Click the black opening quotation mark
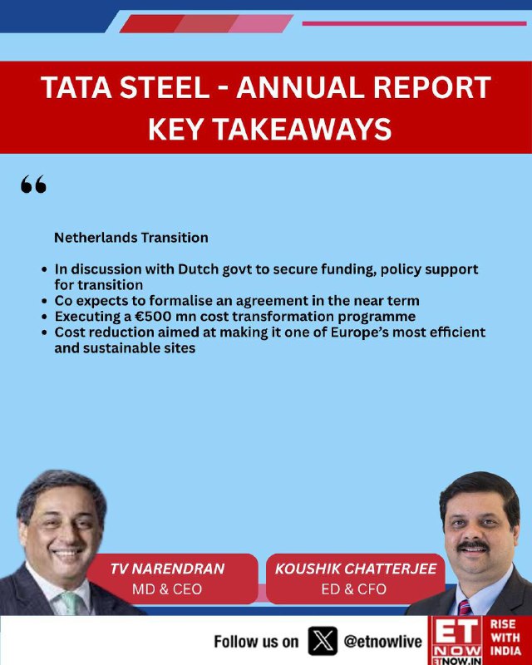coord(33,185)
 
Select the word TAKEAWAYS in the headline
coord(303,129)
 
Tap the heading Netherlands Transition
coord(131,238)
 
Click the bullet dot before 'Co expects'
coord(45,302)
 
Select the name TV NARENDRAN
coord(167,569)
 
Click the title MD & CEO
coord(167,589)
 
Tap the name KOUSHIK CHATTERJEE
coord(356,569)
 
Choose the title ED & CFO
coord(354,589)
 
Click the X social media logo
coord(323,641)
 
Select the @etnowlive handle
coord(383,642)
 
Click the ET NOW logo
coord(457,641)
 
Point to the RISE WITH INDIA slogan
coord(505,638)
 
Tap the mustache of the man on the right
coord(474,546)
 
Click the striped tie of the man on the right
coord(464,608)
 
